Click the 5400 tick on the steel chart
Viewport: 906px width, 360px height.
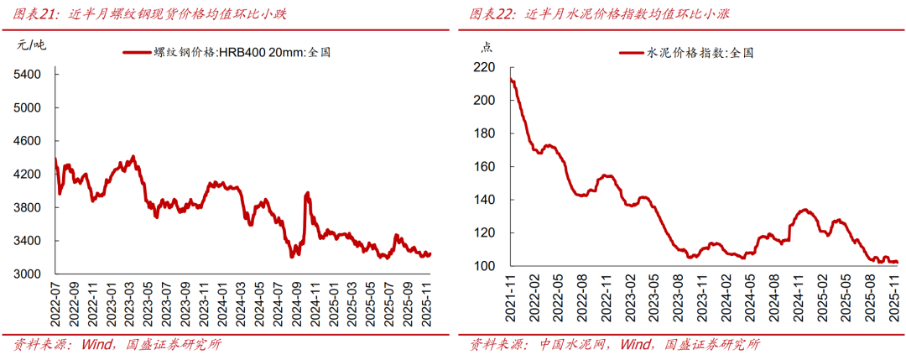click(29, 75)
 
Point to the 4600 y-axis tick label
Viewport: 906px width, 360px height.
click(29, 141)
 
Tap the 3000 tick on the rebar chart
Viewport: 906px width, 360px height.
click(29, 274)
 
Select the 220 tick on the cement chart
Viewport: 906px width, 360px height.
click(484, 67)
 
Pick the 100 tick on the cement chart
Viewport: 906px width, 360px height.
click(484, 267)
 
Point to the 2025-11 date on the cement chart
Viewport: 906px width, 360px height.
click(897, 300)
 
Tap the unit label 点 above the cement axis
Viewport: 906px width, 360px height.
click(487, 47)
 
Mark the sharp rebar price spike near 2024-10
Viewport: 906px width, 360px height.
click(307, 194)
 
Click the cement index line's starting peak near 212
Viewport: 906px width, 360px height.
click(512, 81)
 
